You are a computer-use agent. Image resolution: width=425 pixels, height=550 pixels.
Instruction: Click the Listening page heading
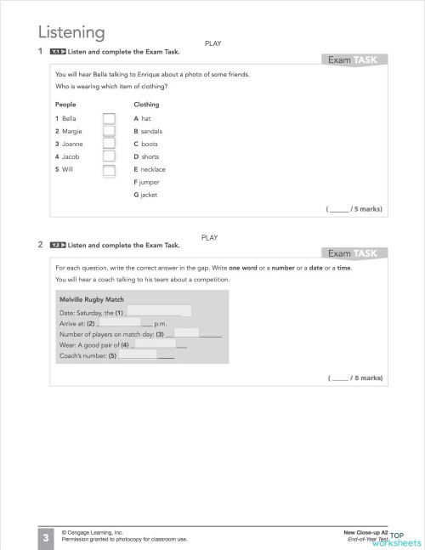click(71, 33)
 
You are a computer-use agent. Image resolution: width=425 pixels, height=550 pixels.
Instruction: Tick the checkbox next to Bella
click(109, 119)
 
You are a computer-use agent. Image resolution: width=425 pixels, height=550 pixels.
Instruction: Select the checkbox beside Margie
click(109, 132)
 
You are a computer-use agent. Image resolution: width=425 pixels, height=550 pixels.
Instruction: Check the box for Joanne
click(109, 145)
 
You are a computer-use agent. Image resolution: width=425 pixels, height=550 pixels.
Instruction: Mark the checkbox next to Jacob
click(109, 157)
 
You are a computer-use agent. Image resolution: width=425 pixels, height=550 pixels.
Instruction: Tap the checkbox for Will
click(109, 170)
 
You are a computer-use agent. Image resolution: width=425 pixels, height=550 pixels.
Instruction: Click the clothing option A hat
click(142, 118)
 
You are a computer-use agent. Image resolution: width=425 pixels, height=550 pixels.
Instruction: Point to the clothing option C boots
click(145, 144)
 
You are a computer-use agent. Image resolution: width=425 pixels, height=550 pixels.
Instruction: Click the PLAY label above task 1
click(212, 43)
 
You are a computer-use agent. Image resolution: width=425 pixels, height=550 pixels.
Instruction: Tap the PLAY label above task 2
click(210, 237)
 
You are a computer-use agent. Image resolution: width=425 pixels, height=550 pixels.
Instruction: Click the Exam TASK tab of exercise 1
click(356, 60)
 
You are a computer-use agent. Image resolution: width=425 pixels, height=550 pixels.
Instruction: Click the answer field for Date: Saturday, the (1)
click(158, 312)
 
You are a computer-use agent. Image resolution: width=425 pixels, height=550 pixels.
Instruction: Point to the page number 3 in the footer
click(45, 536)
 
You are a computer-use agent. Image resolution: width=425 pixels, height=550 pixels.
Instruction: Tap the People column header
click(65, 105)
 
